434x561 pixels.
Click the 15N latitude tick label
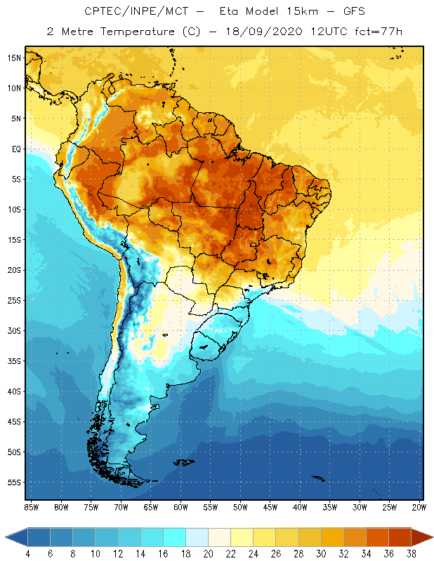(14, 58)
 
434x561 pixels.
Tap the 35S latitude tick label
(14, 361)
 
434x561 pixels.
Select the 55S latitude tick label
(14, 482)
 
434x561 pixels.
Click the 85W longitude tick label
(31, 507)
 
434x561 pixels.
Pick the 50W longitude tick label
(240, 507)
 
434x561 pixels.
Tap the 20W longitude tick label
(419, 507)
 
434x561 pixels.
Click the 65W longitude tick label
(150, 507)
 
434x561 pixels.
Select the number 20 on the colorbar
(208, 554)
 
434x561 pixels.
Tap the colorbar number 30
(320, 554)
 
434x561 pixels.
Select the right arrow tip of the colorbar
(430, 537)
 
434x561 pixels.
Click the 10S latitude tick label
(14, 210)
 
